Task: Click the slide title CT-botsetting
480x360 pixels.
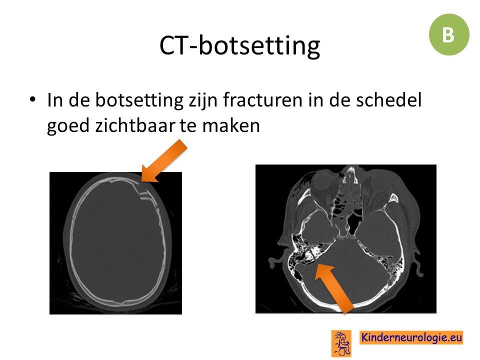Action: pos(239,45)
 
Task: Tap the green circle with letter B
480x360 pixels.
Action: pos(449,34)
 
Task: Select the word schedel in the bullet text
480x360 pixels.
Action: pos(389,100)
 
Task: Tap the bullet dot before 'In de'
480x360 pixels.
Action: pos(33,99)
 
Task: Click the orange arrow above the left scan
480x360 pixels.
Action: pos(163,161)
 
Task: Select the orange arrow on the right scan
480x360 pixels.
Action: pos(334,288)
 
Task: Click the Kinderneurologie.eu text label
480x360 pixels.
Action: pos(411,337)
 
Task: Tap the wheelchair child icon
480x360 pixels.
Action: pos(341,343)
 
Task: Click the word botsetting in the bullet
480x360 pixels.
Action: pos(139,100)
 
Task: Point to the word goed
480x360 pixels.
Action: pos(67,126)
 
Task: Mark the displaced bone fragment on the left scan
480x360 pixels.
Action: pos(145,195)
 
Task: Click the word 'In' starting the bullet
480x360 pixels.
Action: pos(54,100)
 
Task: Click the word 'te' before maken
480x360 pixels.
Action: pos(189,126)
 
